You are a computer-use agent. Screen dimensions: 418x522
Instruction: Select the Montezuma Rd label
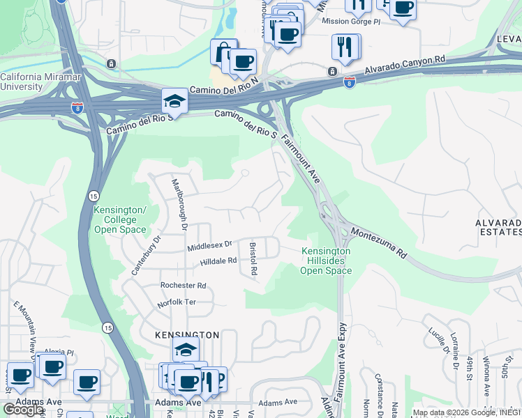point(378,242)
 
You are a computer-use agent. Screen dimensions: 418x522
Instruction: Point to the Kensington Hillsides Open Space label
point(326,261)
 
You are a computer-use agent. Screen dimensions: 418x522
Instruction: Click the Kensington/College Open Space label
point(120,219)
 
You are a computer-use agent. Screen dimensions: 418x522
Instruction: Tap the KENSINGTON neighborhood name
point(186,335)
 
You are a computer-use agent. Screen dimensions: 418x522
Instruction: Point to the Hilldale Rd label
point(219,261)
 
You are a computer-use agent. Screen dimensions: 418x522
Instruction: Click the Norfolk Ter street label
point(177,303)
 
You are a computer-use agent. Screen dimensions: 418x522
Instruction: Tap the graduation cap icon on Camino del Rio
point(174,102)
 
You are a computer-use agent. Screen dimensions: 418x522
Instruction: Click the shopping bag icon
point(223,52)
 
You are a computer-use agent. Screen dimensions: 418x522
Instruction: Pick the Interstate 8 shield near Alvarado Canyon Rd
point(350,82)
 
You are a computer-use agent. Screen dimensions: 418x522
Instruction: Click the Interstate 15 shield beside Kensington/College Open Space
point(94,196)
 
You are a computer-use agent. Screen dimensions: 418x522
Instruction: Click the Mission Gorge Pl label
point(351,21)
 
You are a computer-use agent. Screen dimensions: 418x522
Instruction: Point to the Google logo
point(24,410)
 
